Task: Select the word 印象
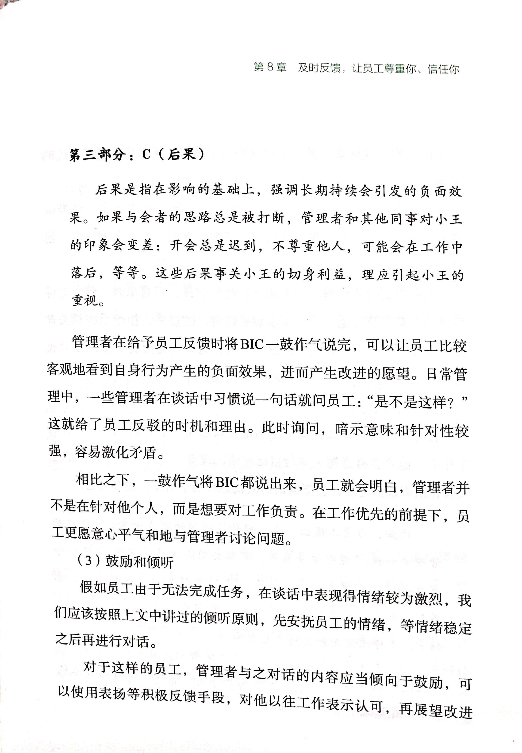click(97, 245)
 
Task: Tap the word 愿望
click(395, 373)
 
